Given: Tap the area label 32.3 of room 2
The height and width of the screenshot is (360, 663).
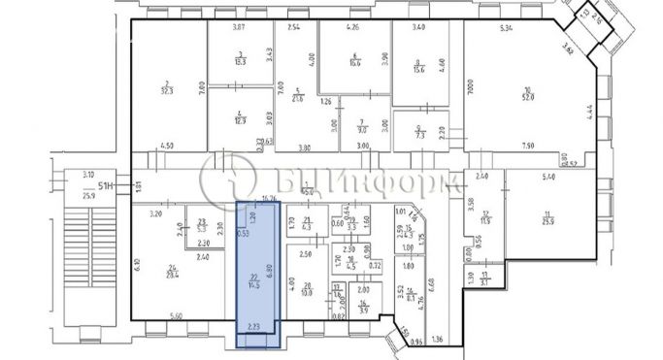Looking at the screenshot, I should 169,90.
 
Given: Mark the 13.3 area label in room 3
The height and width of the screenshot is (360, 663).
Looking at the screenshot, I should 239,61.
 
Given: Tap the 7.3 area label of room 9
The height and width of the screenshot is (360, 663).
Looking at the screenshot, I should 420,136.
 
